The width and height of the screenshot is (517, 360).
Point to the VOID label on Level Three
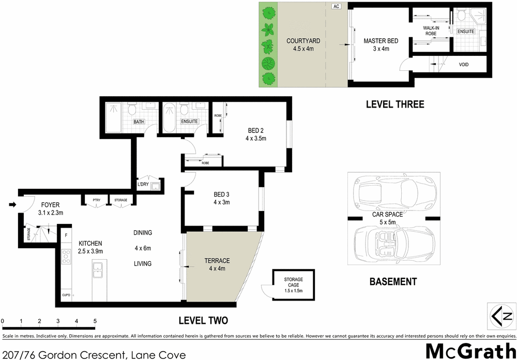point(464,65)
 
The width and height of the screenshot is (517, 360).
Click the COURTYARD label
point(303,41)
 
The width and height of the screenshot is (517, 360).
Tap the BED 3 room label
point(221,194)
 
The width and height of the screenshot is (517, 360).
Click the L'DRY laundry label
point(143,184)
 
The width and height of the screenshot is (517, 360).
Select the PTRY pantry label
point(96,200)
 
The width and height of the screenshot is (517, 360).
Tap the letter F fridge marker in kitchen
point(66,236)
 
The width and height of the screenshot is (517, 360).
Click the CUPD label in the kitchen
point(66,295)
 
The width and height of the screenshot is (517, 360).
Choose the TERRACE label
point(217,261)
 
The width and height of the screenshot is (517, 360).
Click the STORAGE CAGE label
point(293,282)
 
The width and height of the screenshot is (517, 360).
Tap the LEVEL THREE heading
point(394,104)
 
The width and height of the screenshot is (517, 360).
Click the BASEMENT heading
point(393,282)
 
